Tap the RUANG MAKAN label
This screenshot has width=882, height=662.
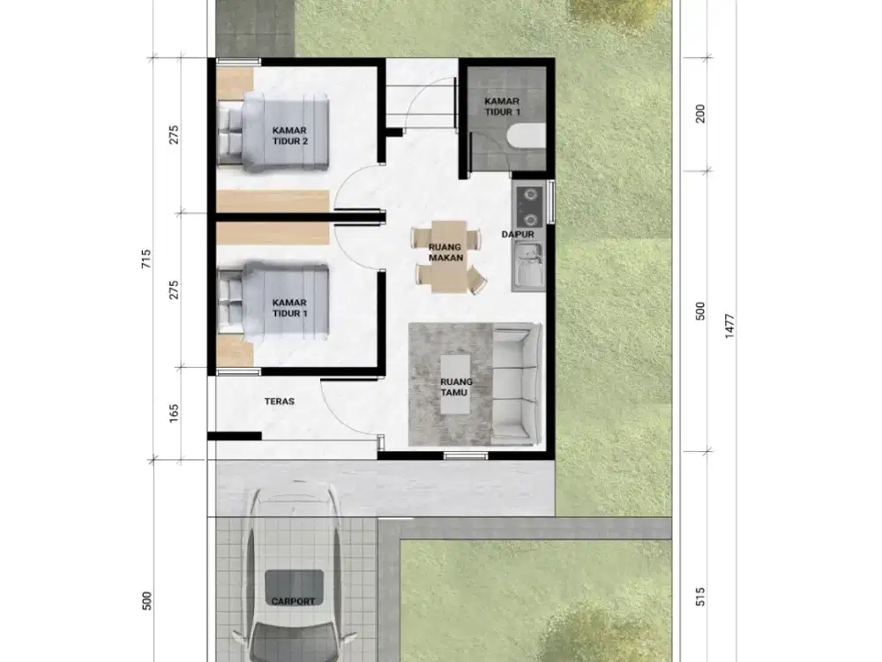coord(445,252)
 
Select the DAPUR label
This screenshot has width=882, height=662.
coord(519,235)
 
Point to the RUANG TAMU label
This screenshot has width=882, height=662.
coord(456,387)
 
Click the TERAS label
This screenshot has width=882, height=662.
coord(279,401)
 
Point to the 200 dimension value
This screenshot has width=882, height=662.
coord(701,114)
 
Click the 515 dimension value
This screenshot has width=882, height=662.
coord(701,597)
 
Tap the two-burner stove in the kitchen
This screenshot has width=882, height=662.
coord(529,206)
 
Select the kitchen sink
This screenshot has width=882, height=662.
coord(529,265)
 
